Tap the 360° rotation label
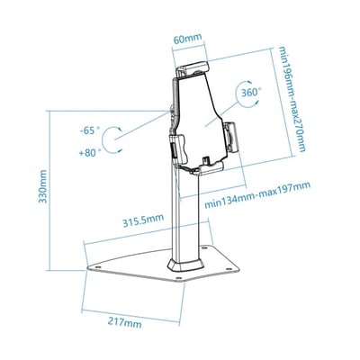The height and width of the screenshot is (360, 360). [x=250, y=93]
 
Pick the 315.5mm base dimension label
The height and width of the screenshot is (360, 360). [x=143, y=219]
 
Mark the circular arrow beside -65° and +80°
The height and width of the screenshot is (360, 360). [x=111, y=140]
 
